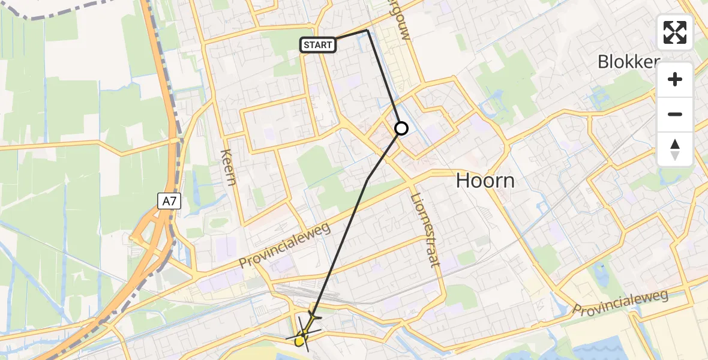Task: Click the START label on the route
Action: click(x=317, y=45)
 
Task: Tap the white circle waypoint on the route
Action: click(x=401, y=128)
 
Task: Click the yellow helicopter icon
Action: click(x=305, y=334)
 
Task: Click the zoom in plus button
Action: click(x=675, y=79)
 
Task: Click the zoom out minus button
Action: click(x=675, y=114)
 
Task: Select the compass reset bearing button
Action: click(x=675, y=149)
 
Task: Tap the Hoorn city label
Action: click(x=485, y=180)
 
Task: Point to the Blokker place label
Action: click(x=628, y=62)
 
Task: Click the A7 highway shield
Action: click(x=169, y=201)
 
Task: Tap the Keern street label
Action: click(x=229, y=167)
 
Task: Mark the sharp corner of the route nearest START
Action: click(x=367, y=30)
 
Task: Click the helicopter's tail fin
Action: click(x=313, y=315)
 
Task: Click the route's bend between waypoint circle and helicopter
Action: click(x=367, y=179)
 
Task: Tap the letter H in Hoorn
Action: click(x=464, y=180)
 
